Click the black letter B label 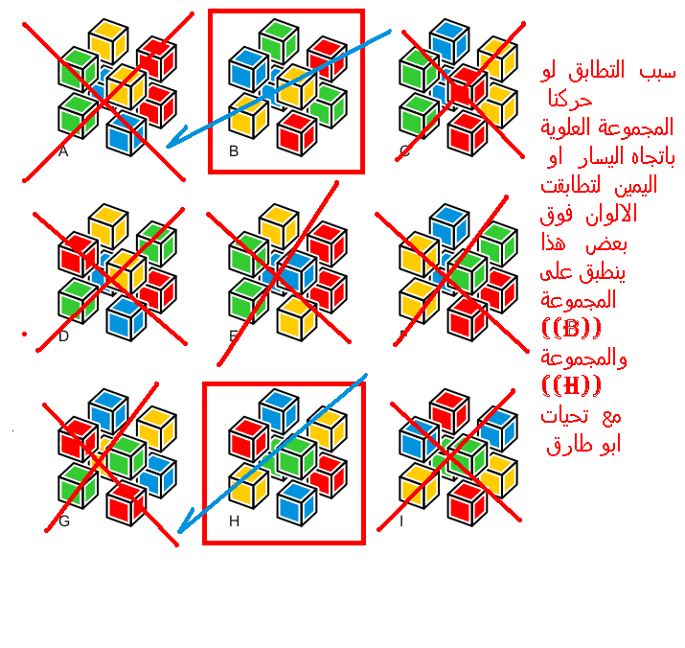point(234,151)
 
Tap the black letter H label point(234,521)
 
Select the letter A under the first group point(63,151)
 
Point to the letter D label point(64,336)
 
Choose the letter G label point(64,521)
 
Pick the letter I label point(401,521)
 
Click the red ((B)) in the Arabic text point(571,328)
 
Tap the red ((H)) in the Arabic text point(571,385)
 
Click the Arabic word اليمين point(635,185)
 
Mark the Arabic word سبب point(658,72)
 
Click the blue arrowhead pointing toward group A point(175,138)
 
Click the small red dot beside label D point(25,335)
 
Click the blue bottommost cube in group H point(297,503)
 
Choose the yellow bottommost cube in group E point(297,318)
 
